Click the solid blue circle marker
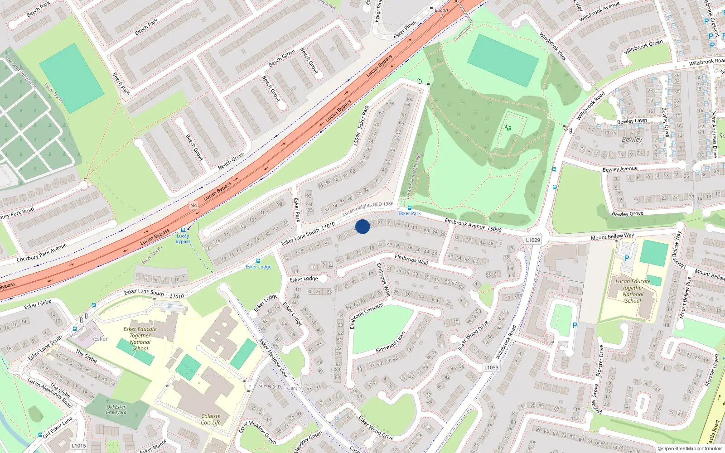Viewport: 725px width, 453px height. click(362, 226)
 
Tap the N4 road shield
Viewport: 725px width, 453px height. click(193, 205)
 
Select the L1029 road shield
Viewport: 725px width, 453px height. click(533, 240)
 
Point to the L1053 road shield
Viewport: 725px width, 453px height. click(491, 367)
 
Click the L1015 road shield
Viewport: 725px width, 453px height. click(79, 446)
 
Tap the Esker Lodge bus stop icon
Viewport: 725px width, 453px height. click(258, 261)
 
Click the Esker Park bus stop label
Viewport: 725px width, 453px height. click(410, 213)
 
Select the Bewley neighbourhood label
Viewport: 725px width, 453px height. click(632, 140)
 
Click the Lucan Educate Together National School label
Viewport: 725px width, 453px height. click(633, 291)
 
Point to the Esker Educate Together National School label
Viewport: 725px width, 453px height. click(140, 339)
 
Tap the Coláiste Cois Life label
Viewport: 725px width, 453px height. click(211, 419)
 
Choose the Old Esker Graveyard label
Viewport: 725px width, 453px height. click(116, 410)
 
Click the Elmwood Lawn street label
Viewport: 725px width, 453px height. click(391, 343)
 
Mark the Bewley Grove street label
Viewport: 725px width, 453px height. click(627, 214)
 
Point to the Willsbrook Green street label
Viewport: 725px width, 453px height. click(643, 47)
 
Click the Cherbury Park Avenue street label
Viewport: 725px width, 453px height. click(42, 253)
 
